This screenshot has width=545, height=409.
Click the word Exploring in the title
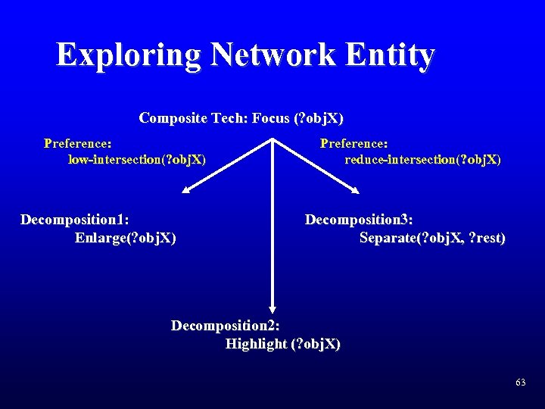128,55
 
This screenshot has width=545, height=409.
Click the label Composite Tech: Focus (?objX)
241,118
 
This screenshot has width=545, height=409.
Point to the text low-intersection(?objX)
137,159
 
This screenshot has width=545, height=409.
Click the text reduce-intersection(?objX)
422,159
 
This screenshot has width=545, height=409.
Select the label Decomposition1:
74,220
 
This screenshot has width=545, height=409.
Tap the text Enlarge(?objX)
126,238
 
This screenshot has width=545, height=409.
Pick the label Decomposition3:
359,220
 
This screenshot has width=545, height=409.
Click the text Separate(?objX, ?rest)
432,238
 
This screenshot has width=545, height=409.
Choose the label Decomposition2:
226,326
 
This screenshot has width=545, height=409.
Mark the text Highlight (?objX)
283,344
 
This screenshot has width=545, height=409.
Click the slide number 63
520,383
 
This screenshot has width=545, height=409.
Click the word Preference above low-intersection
78,142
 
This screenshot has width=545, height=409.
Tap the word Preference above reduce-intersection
354,142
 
